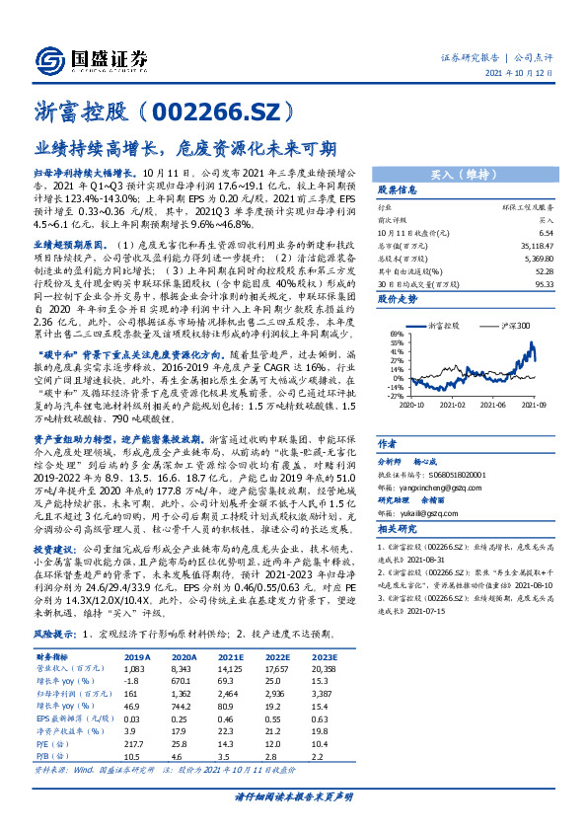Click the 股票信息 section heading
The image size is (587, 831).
pos(398,189)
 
